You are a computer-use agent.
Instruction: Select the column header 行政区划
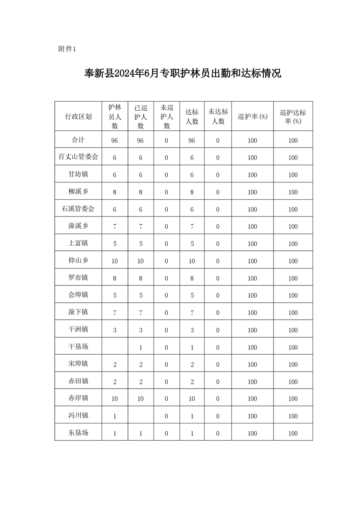pos(78,116)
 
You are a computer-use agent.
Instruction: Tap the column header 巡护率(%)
pos(252,116)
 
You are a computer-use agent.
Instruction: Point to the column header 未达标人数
pos(217,116)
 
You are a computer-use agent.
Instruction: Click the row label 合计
pos(78,140)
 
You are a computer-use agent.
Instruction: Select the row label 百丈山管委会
pos(78,157)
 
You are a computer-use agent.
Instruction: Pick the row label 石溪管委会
pos(78,209)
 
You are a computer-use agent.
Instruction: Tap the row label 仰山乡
pos(78,261)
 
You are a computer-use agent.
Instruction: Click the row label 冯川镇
pos(78,416)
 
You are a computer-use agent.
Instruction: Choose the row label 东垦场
pos(78,433)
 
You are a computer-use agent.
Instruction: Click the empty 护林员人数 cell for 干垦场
pos(114,347)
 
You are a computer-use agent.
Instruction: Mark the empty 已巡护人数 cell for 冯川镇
pos(140,416)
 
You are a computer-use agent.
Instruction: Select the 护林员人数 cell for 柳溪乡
pos(114,192)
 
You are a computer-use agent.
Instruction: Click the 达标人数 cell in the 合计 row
pos(192,140)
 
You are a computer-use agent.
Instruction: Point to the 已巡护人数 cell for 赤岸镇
pos(140,399)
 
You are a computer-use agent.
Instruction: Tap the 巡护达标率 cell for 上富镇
pos(293,244)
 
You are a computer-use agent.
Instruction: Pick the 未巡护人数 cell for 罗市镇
pos(166,278)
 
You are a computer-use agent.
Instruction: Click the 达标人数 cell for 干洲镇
pos(192,330)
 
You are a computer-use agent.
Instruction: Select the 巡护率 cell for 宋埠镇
pos(252,364)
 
